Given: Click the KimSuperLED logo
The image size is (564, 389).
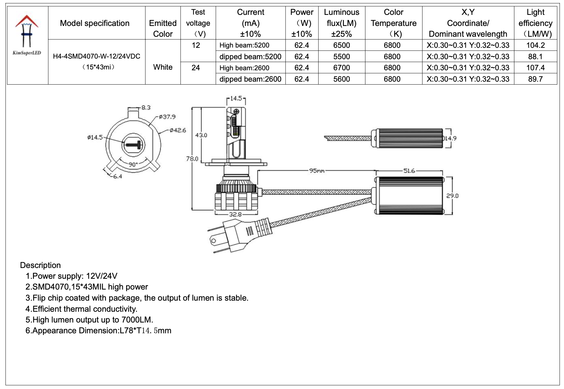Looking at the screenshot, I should click(27, 35).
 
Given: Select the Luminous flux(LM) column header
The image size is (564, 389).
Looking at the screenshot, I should click(341, 23).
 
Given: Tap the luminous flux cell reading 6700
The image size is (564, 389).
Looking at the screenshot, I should click(341, 68).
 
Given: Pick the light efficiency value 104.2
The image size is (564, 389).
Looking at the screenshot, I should click(535, 45).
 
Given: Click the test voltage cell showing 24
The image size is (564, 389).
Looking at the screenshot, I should click(196, 68).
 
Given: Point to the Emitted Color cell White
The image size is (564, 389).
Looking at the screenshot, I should click(163, 67).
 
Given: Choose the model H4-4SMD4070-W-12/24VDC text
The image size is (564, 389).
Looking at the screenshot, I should click(96, 56).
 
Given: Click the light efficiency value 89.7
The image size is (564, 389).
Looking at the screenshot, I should click(535, 79).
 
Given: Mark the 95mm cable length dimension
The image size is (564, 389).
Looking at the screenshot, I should click(317, 171).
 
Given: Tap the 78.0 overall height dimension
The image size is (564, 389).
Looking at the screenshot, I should click(192, 159).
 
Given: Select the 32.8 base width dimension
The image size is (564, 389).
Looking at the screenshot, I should click(235, 215).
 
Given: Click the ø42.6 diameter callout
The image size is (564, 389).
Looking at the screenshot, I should click(177, 130).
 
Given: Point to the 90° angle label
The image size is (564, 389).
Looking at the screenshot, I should click(133, 164).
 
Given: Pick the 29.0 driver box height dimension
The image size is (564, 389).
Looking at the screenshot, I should click(452, 196).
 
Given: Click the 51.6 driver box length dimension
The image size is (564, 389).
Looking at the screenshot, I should click(409, 171).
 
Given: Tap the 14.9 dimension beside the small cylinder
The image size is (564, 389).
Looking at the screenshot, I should click(450, 138).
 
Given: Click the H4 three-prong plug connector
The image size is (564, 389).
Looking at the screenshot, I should click(239, 235).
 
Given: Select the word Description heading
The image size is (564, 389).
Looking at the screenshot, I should click(40, 265).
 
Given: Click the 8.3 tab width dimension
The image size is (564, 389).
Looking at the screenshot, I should click(146, 108).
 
